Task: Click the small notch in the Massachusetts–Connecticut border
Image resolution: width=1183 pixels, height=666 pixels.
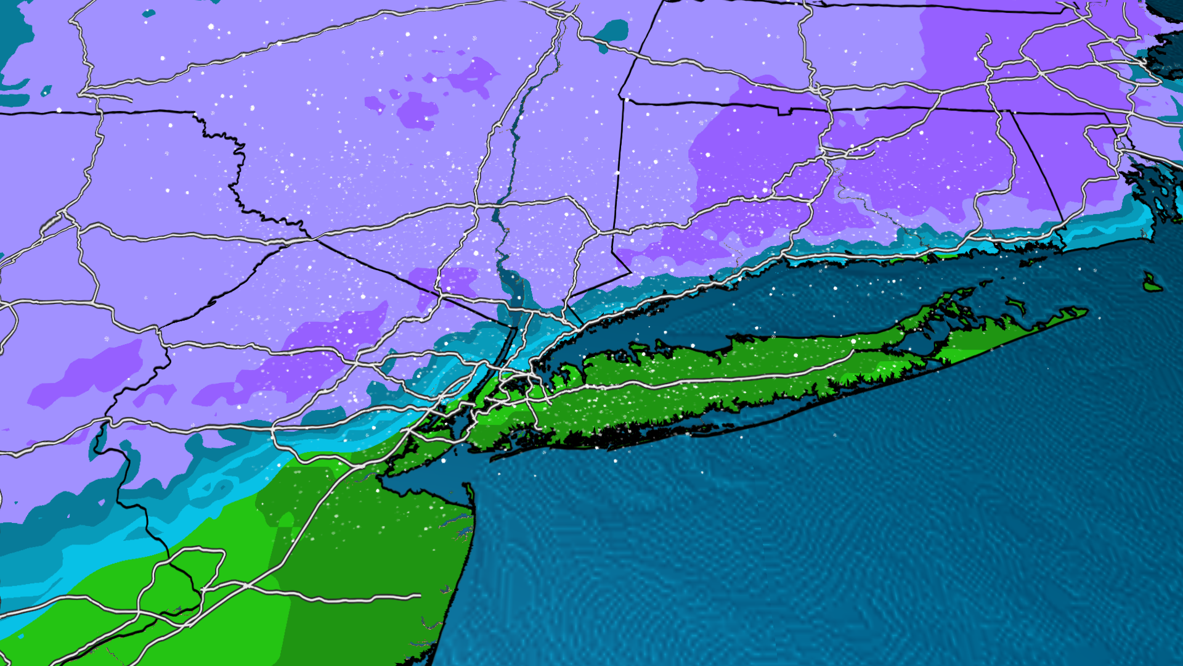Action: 784,112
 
